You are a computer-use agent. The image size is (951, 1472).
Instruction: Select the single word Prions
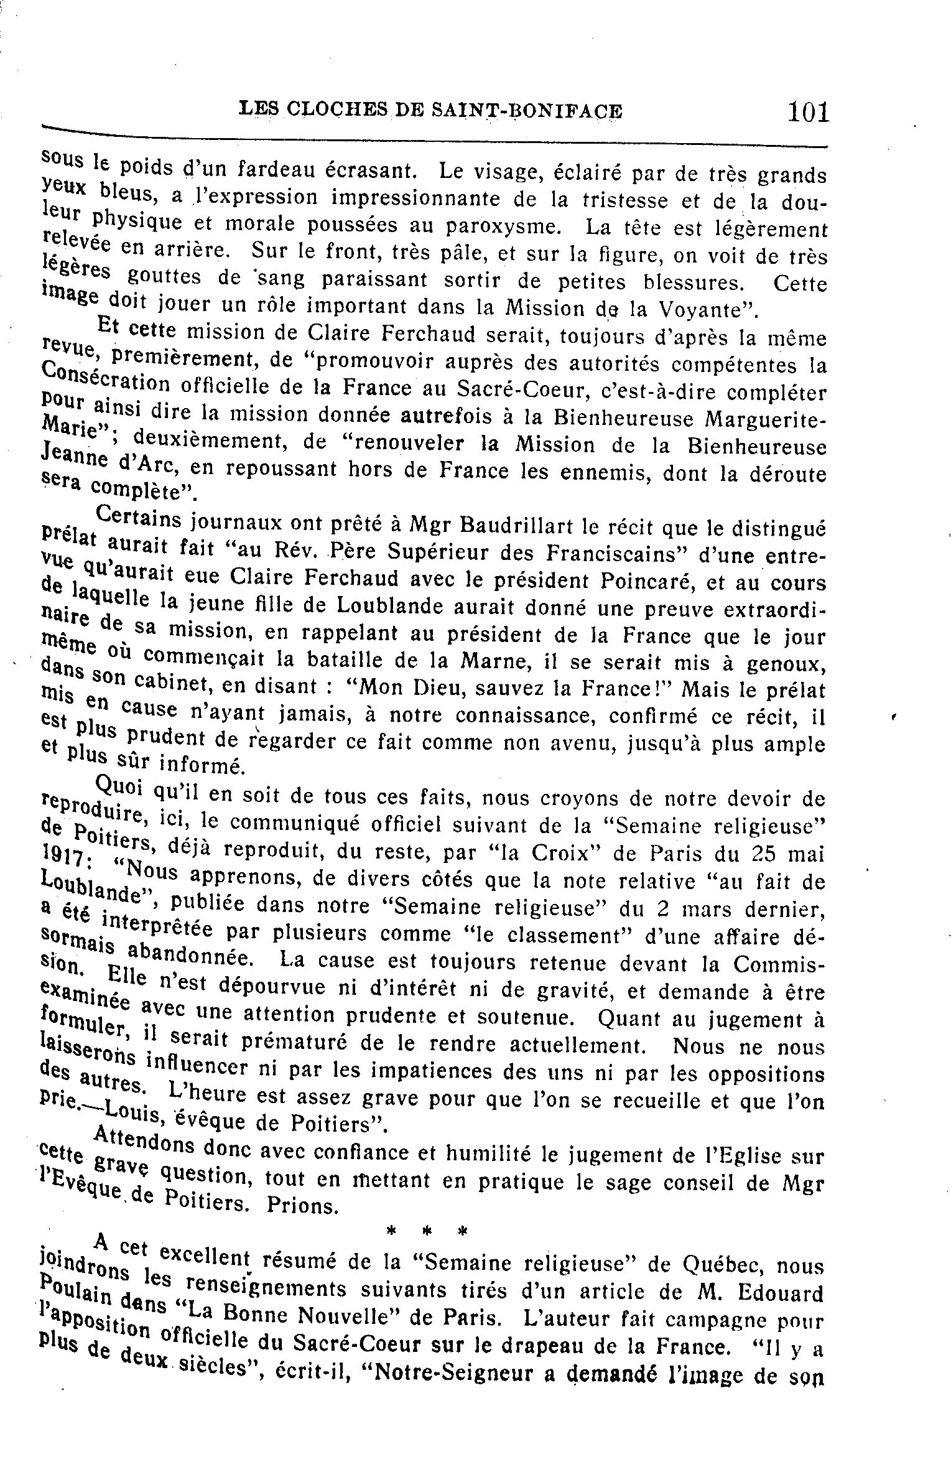pyautogui.click(x=302, y=1206)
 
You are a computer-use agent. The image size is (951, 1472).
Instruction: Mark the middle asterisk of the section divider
pyautogui.click(x=427, y=1231)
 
